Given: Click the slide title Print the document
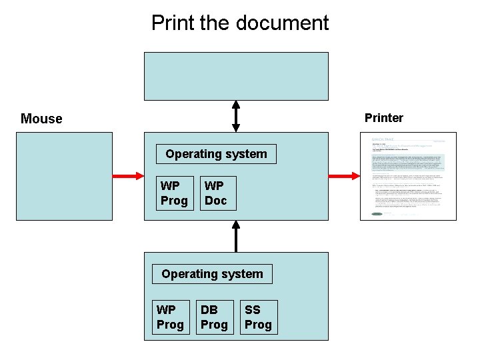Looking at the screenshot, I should (x=240, y=23).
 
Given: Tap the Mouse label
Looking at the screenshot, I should (x=41, y=119).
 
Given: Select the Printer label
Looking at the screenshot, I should (x=383, y=118).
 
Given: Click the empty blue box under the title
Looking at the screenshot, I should (x=236, y=76).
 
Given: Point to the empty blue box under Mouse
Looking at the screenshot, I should (x=65, y=176).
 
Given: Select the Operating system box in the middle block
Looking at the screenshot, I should (x=216, y=154).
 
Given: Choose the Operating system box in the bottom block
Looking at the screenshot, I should (x=212, y=274).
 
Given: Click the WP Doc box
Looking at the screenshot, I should (x=218, y=193).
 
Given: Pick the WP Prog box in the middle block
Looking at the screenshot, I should (x=175, y=193).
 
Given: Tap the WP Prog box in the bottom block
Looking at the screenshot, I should (x=170, y=317).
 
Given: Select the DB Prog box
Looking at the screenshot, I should (x=214, y=317).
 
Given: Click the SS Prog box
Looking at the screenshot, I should (x=258, y=317).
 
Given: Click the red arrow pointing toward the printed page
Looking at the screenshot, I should (x=345, y=176).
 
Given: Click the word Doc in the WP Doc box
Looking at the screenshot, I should (x=216, y=200).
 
